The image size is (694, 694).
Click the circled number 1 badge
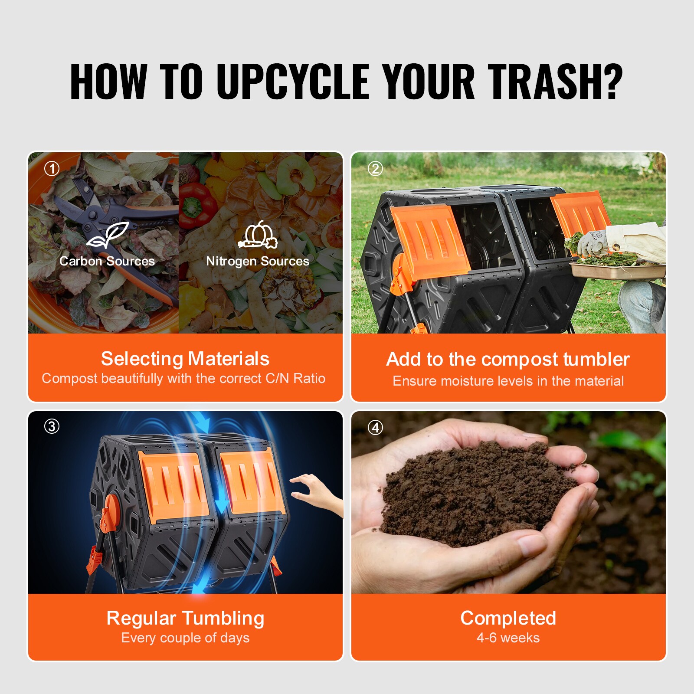click(52, 169)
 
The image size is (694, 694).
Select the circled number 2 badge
click(375, 169)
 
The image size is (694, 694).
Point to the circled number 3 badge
click(52, 426)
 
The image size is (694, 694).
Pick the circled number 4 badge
click(375, 428)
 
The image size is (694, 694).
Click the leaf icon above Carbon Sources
click(108, 236)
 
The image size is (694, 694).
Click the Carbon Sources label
click(107, 261)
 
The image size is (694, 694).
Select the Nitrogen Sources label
click(258, 261)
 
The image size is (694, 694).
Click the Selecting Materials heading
click(185, 359)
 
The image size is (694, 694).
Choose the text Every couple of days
click(185, 638)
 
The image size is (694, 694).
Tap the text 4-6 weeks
click(508, 638)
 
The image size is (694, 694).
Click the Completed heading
click(508, 618)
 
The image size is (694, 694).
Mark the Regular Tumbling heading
click(185, 618)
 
